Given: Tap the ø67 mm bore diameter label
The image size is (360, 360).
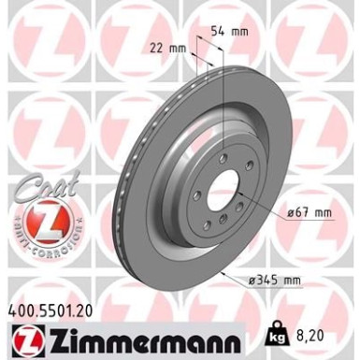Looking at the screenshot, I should pyautogui.click(x=310, y=212).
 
